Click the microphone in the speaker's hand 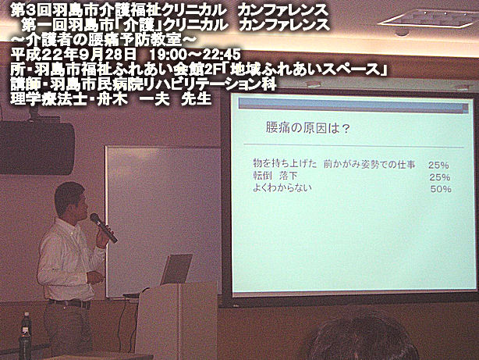[104, 227]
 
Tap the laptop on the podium [176, 269]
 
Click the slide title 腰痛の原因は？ [307, 128]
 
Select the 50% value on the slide [441, 189]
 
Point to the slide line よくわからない [282, 187]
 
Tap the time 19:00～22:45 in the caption [195, 55]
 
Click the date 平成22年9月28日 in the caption [73, 55]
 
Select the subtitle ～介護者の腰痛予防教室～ [103, 40]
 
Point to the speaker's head [71, 201]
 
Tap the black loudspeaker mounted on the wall [37, 148]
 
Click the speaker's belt [70, 303]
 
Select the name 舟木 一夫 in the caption [133, 99]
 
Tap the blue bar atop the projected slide [353, 106]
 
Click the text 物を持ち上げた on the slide [285, 163]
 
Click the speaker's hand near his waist [95, 278]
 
